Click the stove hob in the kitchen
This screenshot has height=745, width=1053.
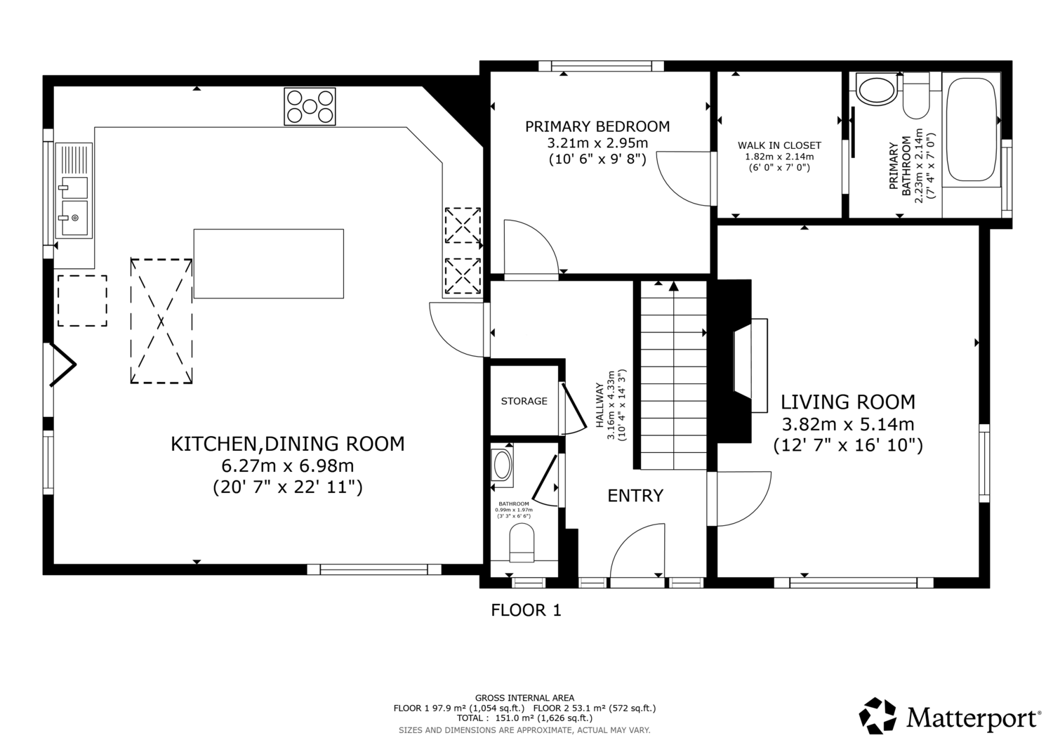point(310,106)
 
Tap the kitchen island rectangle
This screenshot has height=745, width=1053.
point(268,263)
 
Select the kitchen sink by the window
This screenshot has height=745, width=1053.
point(74,190)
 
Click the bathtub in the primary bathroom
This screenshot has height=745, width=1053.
point(971,129)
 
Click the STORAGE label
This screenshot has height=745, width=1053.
point(524,401)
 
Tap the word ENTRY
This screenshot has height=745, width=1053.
point(635,496)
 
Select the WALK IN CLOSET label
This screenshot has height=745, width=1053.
point(779,145)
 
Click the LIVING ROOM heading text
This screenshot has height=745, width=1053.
point(848,402)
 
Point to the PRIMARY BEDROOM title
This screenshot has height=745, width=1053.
point(597,126)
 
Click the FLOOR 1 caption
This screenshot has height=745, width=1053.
point(526,610)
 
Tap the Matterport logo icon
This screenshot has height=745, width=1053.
point(877,716)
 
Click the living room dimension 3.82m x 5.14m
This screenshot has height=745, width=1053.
point(848,424)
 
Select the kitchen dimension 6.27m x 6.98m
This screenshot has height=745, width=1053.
point(288,466)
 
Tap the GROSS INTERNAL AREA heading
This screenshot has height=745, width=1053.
point(524,698)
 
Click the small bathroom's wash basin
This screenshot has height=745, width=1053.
point(502,465)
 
